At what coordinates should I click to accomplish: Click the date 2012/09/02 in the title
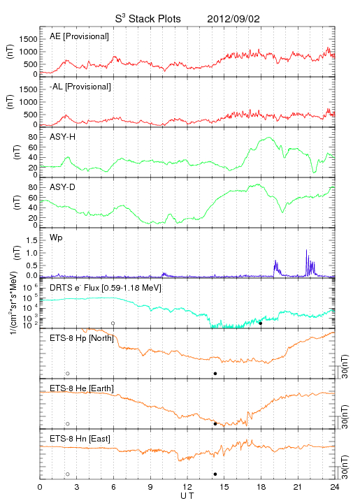233,19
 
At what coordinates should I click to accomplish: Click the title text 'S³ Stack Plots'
148,18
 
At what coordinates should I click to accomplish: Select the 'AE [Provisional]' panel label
79,36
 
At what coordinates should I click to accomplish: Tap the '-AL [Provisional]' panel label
80,87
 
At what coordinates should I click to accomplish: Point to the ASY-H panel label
63,137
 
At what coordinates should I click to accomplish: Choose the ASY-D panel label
63,187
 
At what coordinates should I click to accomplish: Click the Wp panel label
56,238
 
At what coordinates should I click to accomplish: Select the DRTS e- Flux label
106,288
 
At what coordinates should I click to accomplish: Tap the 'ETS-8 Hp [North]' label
82,338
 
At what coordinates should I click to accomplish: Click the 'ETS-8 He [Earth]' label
82,388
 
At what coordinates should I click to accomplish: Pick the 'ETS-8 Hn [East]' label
80,439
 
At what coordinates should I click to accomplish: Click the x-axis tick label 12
187,487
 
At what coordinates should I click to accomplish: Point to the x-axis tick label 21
298,487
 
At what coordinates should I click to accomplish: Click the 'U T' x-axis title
187,496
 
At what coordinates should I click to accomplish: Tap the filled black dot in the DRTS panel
261,323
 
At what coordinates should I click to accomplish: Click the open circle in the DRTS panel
113,323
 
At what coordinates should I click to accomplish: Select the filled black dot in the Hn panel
215,474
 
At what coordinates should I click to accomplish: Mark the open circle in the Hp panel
68,373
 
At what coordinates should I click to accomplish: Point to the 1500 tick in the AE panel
28,39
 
